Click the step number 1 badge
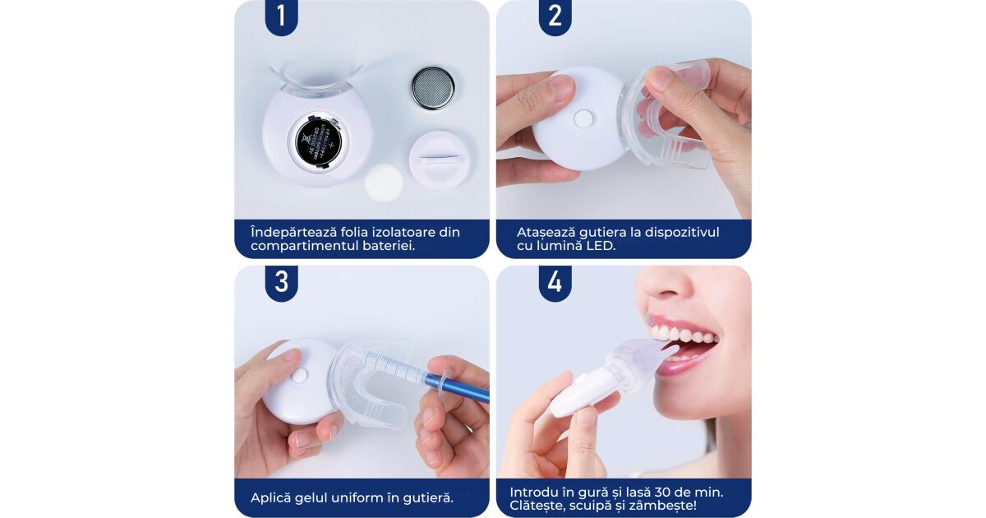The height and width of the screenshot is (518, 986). (281, 16)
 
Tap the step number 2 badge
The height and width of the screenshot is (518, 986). (555, 16)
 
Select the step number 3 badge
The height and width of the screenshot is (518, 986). (281, 282)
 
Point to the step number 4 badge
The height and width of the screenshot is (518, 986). (555, 282)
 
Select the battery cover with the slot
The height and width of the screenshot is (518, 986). (437, 159)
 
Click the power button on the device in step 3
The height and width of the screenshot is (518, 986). (300, 375)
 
